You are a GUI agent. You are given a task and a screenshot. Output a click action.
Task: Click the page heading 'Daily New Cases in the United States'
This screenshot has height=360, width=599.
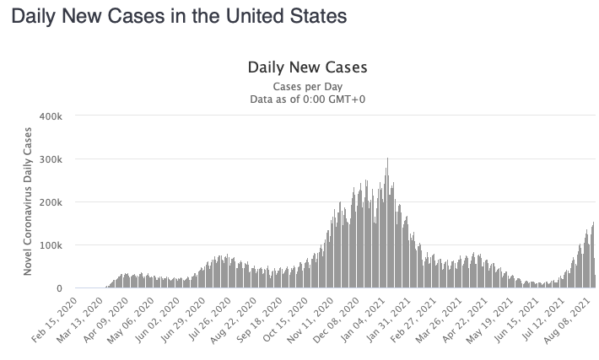[x=167, y=17]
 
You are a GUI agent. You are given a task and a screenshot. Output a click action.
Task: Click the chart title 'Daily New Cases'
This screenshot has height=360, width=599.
[x=307, y=67]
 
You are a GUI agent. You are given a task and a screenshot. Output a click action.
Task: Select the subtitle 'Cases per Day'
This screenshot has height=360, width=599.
[x=307, y=86]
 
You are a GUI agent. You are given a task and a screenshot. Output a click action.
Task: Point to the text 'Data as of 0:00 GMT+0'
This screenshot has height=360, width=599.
[x=307, y=99]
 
